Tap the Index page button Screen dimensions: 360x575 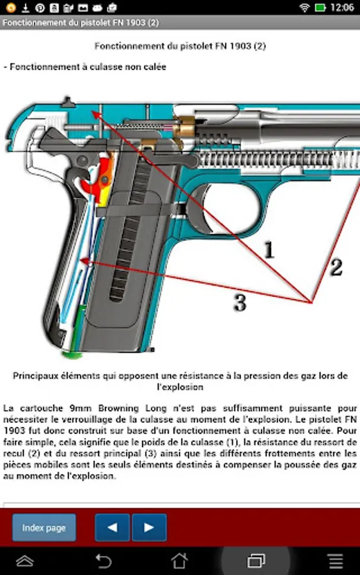pyautogui.click(x=44, y=527)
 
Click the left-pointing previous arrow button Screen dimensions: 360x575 pyautogui.click(x=113, y=527)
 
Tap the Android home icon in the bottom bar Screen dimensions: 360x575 pyautogui.click(x=180, y=561)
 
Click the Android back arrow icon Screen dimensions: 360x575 pyautogui.click(x=104, y=561)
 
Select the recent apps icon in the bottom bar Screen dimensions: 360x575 pyautogui.click(x=256, y=561)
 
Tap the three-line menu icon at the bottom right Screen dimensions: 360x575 pyautogui.click(x=336, y=561)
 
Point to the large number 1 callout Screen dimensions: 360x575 pyautogui.click(x=270, y=250)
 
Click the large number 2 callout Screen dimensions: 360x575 pyautogui.click(x=336, y=267)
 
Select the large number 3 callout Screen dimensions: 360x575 pyautogui.click(x=240, y=303)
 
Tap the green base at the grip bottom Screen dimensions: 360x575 pyautogui.click(x=72, y=354)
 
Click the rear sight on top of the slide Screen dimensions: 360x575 pyautogui.click(x=67, y=102)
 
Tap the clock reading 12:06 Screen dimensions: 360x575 pyautogui.click(x=342, y=7)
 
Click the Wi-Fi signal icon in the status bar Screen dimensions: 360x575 pyautogui.click(x=304, y=7)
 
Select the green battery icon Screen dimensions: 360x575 pyautogui.click(x=320, y=7)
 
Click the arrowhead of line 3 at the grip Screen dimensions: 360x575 pyautogui.click(x=84, y=262)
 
